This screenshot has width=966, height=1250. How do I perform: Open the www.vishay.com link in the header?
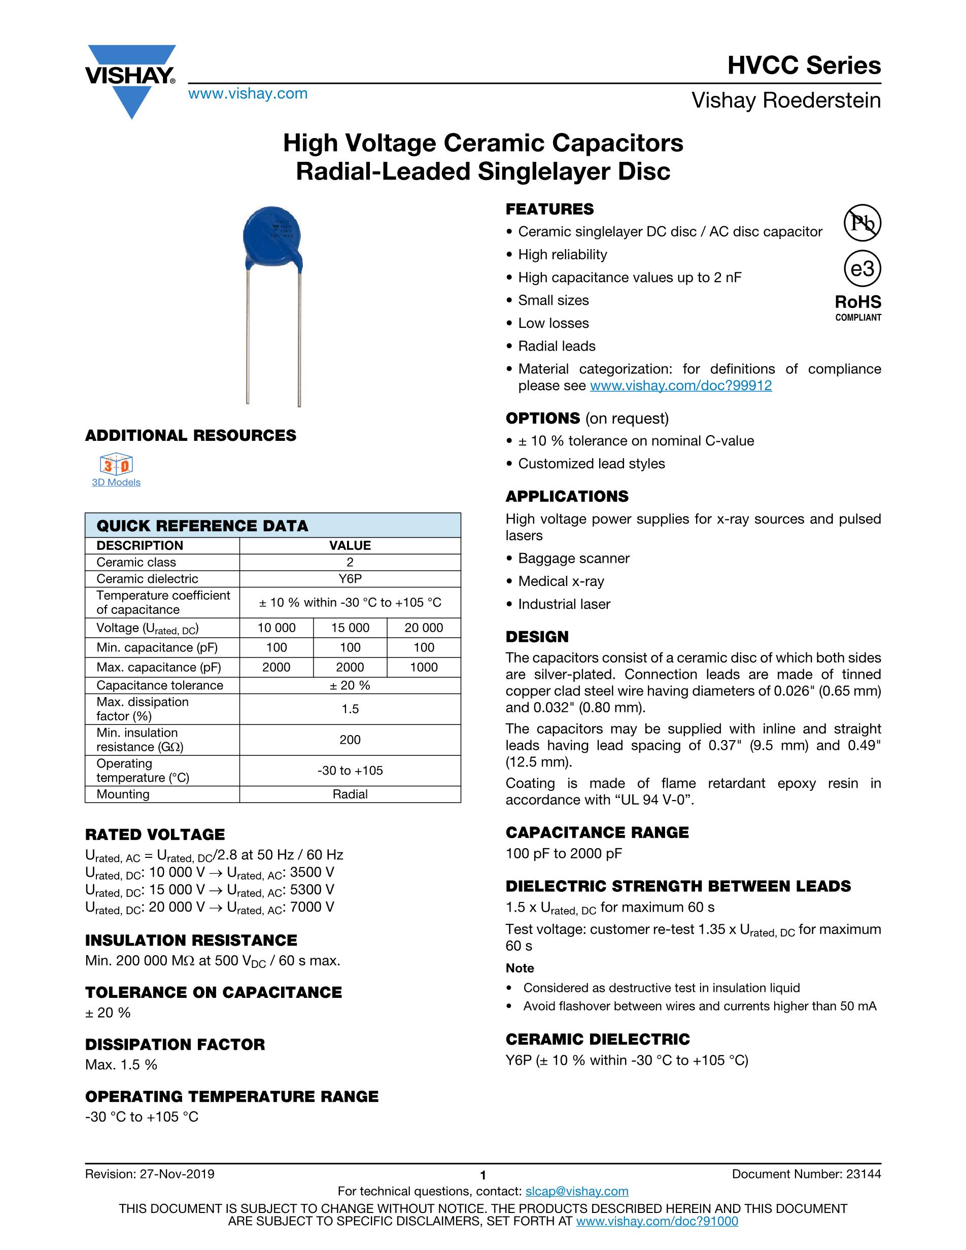248,93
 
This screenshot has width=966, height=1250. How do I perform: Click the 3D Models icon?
116,464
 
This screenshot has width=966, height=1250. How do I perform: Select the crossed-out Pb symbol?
862,223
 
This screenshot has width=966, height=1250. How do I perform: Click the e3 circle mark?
862,269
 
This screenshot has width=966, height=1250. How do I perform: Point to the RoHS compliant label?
858,307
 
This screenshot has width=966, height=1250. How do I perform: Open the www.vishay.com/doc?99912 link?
680,386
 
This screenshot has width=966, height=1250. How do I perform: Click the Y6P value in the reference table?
350,579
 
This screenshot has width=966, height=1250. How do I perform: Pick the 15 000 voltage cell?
350,628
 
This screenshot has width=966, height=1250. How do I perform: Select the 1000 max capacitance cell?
424,667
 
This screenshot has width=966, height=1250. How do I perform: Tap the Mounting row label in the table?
123,794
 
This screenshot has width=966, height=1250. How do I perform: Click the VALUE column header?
350,545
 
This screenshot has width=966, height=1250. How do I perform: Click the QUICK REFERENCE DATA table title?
202,526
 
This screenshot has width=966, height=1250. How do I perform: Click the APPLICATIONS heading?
567,496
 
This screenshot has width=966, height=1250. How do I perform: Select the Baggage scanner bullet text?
573,558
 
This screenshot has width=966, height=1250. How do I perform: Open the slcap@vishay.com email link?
576,1191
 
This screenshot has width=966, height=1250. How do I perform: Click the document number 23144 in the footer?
864,1174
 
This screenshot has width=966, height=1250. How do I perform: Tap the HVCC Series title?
804,65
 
